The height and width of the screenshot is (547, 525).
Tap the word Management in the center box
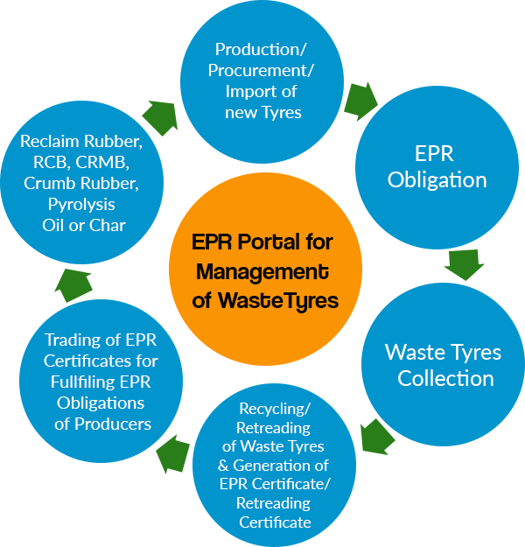pos(262,270)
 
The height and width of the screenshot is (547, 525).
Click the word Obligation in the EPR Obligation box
pos(437,180)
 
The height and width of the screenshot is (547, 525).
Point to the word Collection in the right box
pos(445,379)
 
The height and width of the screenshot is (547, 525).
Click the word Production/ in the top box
pos(262,50)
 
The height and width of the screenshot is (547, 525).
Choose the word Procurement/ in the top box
pos(262,70)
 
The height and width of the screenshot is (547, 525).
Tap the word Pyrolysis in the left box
pos(81,204)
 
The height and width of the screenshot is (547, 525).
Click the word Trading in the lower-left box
pos(71,340)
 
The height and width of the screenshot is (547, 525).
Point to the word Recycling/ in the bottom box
pos(275,409)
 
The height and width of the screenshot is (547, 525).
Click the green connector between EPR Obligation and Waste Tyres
pos(463,265)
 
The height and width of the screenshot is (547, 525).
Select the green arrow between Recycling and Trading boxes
pos(172,456)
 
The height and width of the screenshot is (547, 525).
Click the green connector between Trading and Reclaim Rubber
pos(73,283)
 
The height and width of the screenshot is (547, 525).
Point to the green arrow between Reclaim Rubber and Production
pos(162,116)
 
